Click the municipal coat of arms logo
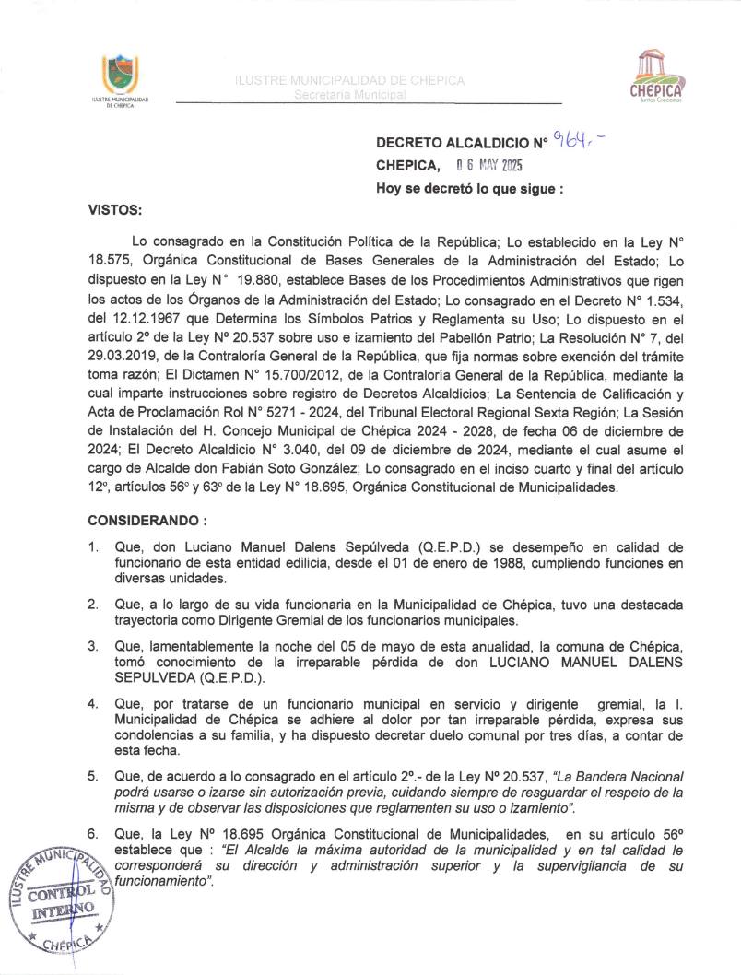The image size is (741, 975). click(122, 73)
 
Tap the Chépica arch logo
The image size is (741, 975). click(655, 76)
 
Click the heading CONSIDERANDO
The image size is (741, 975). click(147, 520)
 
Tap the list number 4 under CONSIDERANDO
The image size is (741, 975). click(94, 704)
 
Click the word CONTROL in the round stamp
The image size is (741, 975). click(62, 890)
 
